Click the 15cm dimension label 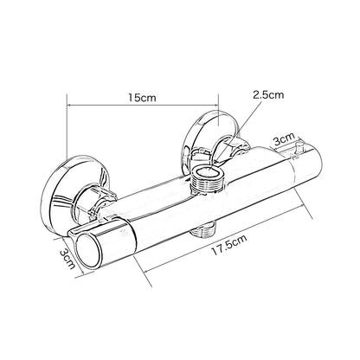click(x=142, y=98)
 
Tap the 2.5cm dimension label click(x=268, y=94)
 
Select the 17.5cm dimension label click(x=229, y=245)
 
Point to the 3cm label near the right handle click(x=284, y=139)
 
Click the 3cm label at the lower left click(x=67, y=259)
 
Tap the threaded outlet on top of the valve click(x=206, y=180)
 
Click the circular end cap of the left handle click(x=88, y=250)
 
